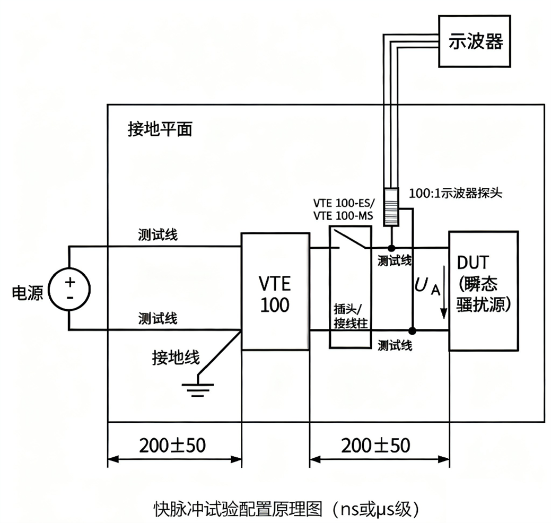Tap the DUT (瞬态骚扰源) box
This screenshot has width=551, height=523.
coord(483,291)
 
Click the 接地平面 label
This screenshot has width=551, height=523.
coord(160,129)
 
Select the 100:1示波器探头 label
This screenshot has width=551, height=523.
coord(455,193)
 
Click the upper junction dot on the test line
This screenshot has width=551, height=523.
coord(391,248)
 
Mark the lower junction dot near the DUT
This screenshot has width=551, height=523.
coord(412,330)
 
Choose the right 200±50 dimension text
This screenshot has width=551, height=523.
coord(376,445)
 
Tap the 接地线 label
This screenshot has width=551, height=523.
coord(176,358)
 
